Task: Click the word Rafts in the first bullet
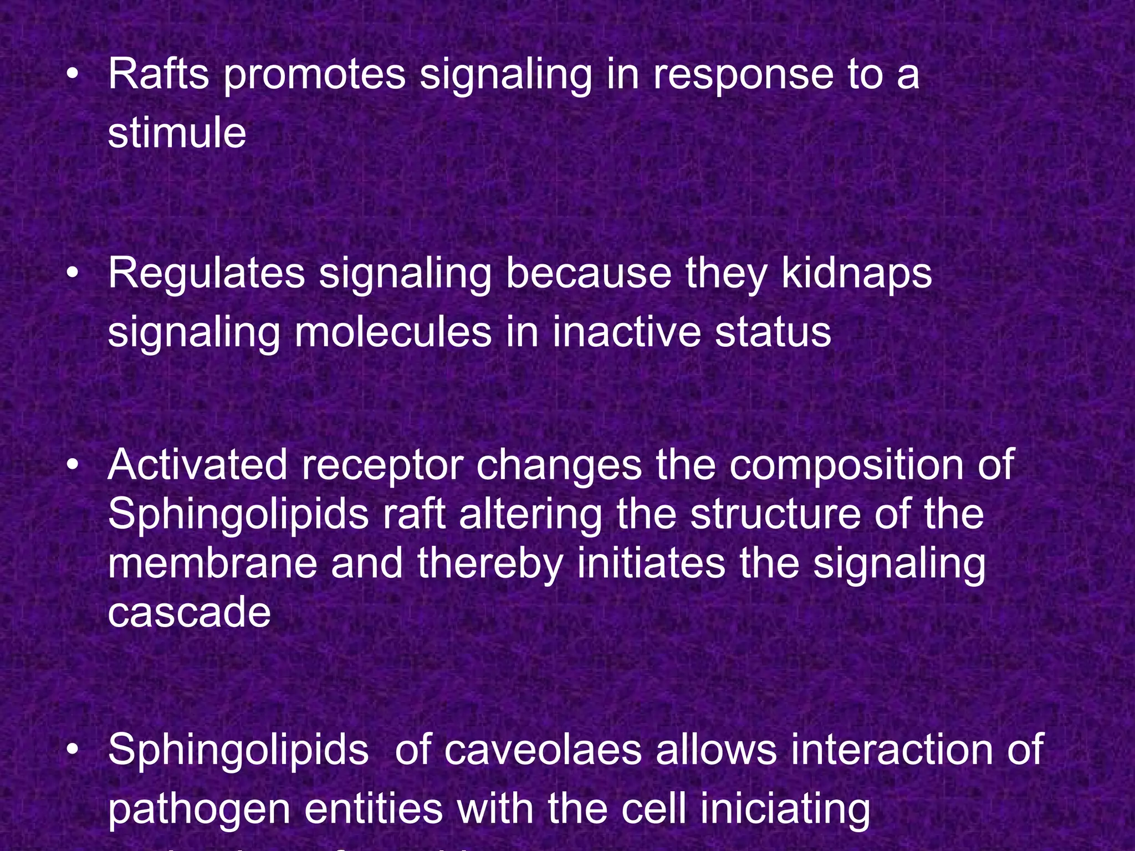(159, 74)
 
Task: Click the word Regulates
(206, 274)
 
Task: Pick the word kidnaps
(857, 274)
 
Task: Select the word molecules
(393, 332)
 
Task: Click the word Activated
(197, 465)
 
